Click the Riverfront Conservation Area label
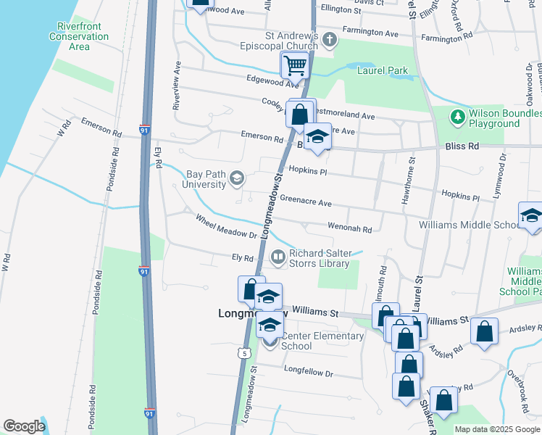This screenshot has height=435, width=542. point(78,36)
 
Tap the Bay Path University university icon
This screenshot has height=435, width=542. point(236,178)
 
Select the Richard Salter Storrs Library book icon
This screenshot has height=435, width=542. point(278,257)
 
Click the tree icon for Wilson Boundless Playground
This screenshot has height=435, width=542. point(456,116)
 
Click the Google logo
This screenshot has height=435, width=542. point(24,426)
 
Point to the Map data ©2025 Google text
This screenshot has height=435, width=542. point(496,429)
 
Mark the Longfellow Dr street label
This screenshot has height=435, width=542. point(308,374)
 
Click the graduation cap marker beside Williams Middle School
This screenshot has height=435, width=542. point(531,217)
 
